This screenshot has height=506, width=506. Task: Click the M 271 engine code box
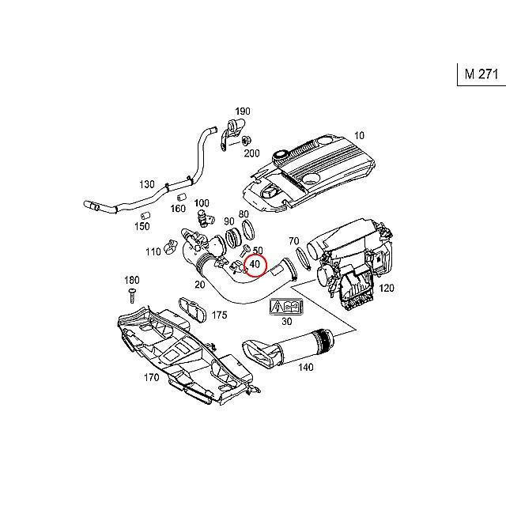coord(481,74)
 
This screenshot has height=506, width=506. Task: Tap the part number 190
coord(242,111)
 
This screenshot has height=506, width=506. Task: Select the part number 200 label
coord(252,153)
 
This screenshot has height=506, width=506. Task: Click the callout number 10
coord(360,135)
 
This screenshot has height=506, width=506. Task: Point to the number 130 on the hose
coord(147,184)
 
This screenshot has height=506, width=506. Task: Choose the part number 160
coord(178,210)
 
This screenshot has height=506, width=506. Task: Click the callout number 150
coord(142,226)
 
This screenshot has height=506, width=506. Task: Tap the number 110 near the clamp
coord(153,251)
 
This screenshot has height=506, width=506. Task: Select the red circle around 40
coord(255,265)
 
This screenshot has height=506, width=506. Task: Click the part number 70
coord(293,240)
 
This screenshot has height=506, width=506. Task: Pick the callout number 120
coord(387,289)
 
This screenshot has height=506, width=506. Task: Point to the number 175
coord(219,315)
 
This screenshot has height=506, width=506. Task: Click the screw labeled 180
coord(132,296)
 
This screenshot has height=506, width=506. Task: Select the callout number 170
coord(152,377)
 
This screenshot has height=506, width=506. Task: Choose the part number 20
coord(199,285)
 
